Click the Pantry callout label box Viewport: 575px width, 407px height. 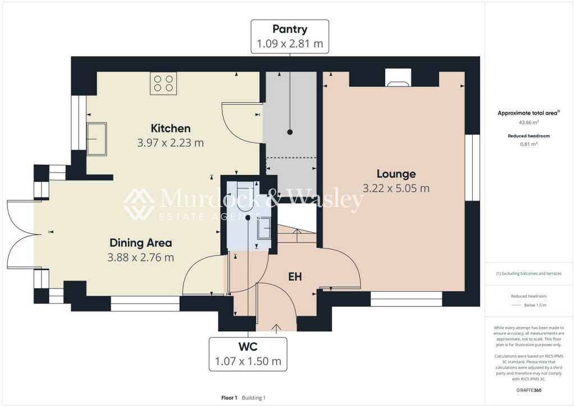coord(290,36)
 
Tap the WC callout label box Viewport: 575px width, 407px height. coord(248,354)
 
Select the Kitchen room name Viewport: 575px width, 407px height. coord(171,128)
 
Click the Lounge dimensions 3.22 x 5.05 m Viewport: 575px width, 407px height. coord(396,188)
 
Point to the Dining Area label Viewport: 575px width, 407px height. coord(140,243)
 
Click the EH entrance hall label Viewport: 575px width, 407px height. coord(295,277)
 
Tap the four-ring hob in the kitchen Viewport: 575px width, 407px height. coord(163,83)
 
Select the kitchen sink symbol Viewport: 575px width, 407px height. coord(96,138)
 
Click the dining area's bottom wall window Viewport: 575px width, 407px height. coord(145,307)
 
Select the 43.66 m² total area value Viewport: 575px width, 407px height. coord(528,122)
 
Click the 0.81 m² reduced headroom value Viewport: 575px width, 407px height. coord(528,144)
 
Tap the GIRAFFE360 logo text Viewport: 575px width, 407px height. coord(528,390)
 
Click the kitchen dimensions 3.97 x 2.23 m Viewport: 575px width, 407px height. coord(170,143)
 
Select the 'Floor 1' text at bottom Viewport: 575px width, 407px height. coord(229,398)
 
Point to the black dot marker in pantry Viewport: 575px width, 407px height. coord(290,132)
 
